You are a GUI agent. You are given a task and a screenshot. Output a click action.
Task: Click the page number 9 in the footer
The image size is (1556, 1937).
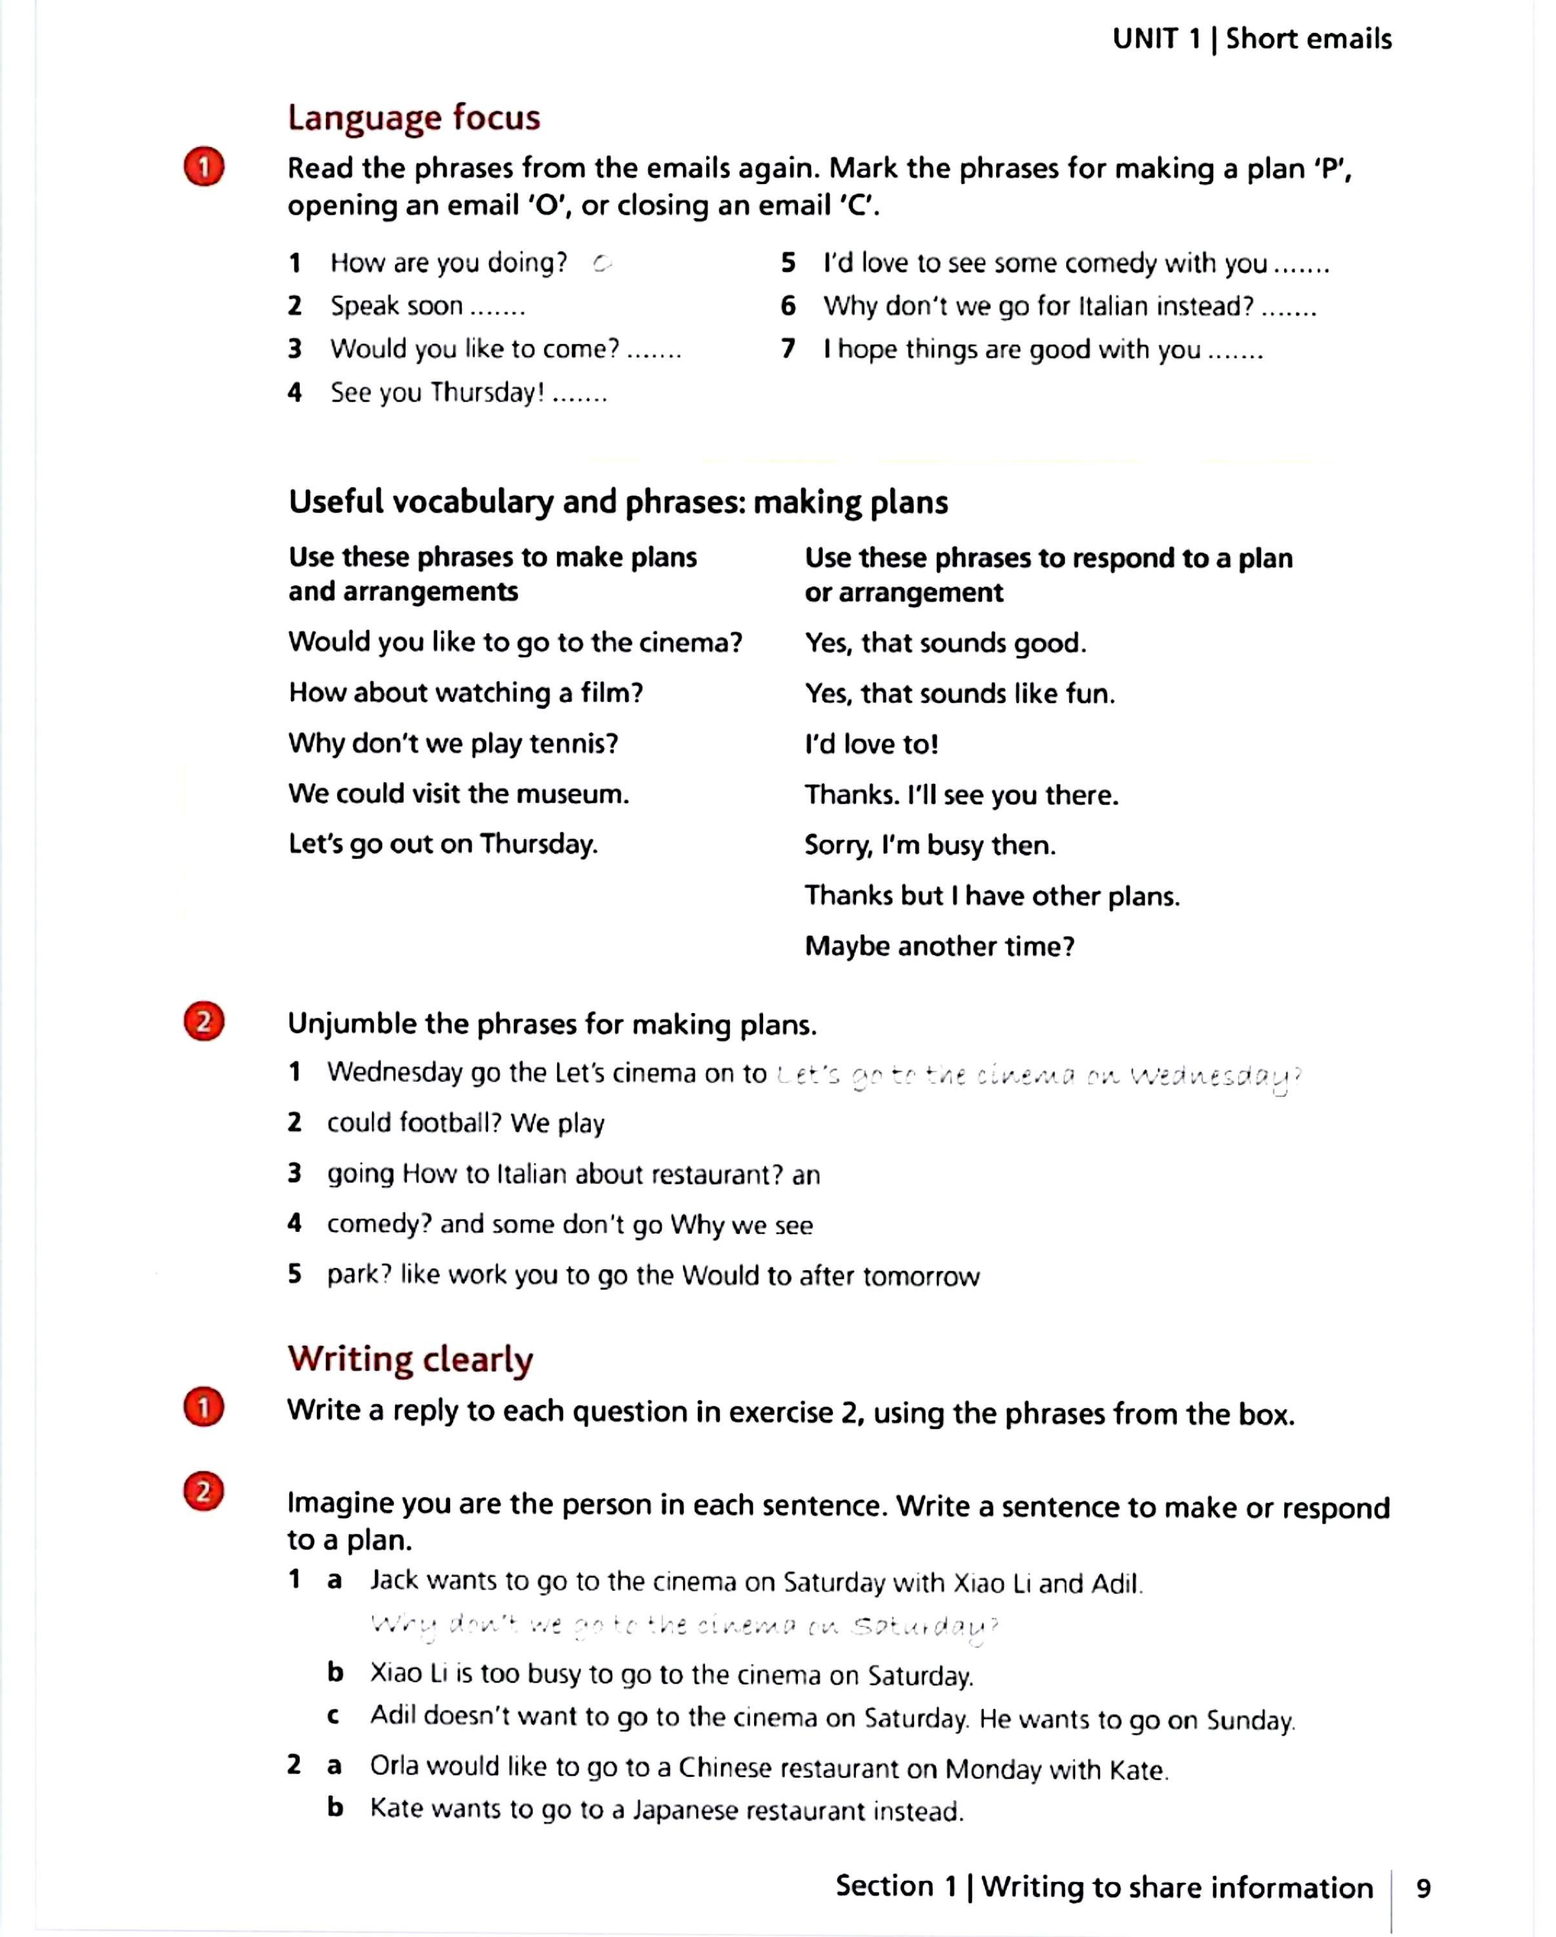coord(1423,1887)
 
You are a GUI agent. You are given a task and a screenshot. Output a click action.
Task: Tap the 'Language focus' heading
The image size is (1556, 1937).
coord(413,118)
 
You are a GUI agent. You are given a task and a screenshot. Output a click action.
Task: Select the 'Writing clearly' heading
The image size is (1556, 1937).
coord(410,1359)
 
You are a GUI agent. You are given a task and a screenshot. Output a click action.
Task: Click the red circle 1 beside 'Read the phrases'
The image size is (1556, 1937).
coord(204,167)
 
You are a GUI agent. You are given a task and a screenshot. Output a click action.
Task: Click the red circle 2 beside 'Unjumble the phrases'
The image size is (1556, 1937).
coord(204,1021)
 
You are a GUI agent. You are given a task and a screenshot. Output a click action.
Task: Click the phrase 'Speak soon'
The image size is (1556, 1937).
coord(396,306)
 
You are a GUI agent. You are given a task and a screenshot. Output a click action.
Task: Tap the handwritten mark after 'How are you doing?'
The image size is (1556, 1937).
coord(602,263)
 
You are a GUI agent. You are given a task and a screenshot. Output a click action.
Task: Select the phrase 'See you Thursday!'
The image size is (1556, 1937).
coord(438,393)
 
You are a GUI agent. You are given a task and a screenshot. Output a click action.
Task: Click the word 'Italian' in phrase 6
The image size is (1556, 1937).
coord(1112,306)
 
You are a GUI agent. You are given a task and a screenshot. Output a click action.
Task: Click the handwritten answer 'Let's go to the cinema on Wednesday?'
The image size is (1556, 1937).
coord(1038,1076)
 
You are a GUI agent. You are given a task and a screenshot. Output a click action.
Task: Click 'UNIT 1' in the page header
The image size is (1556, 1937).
coord(1155,39)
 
